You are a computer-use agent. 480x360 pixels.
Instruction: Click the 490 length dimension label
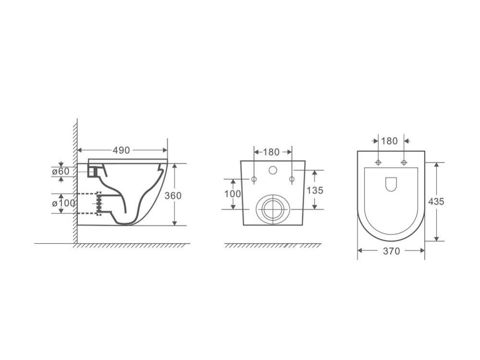pos(121,150)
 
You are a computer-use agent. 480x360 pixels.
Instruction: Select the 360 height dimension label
pos(173,196)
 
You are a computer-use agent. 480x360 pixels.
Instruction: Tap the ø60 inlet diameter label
pos(61,172)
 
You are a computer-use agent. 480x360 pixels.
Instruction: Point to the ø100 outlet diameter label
pos(63,203)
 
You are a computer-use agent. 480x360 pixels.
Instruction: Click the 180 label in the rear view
pos(271,152)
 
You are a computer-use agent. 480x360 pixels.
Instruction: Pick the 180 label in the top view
pos(389,141)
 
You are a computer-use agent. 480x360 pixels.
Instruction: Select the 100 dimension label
pos(233,194)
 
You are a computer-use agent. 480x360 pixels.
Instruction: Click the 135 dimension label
pos(315,190)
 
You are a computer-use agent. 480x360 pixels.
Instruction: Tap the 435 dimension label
pos(436,202)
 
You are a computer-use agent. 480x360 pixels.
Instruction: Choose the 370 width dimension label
pos(391,251)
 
